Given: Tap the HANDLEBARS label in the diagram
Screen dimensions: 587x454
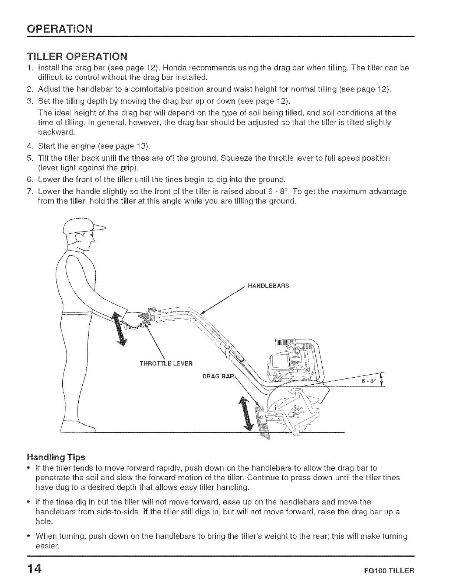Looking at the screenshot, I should [x=268, y=286].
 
